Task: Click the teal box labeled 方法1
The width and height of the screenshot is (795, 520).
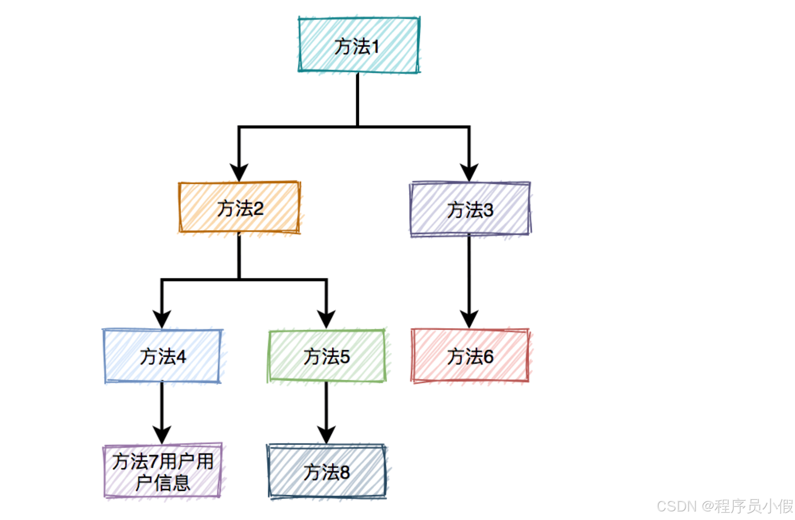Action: coord(358,45)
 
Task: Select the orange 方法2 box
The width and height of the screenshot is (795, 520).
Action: coord(239,207)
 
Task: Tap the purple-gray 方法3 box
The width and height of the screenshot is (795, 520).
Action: coord(470,209)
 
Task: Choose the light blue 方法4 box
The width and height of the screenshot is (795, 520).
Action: coord(163,356)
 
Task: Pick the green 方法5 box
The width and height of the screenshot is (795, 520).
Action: coord(326,356)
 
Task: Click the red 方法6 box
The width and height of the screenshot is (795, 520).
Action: coord(470,356)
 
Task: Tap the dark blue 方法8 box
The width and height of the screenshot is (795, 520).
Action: coord(326,472)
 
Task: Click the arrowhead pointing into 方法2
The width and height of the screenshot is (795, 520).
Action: coord(239,173)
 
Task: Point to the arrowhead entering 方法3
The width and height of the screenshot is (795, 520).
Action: coord(469,173)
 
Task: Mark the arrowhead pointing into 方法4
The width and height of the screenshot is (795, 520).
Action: coord(162,320)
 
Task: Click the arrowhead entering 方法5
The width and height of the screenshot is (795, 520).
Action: coord(326,320)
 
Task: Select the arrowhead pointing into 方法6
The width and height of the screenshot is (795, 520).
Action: coord(469,320)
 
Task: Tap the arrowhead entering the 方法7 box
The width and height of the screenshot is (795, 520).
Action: coord(162,435)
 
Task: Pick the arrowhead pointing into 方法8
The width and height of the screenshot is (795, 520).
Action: coord(326,435)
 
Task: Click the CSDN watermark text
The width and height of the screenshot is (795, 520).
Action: coord(725,506)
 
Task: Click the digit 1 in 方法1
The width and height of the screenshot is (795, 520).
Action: coord(375,47)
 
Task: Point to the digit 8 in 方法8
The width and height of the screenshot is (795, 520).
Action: coord(345,472)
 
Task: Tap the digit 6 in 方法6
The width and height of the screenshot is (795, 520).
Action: coord(488,357)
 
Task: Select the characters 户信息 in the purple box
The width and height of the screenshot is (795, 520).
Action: coord(163,483)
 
